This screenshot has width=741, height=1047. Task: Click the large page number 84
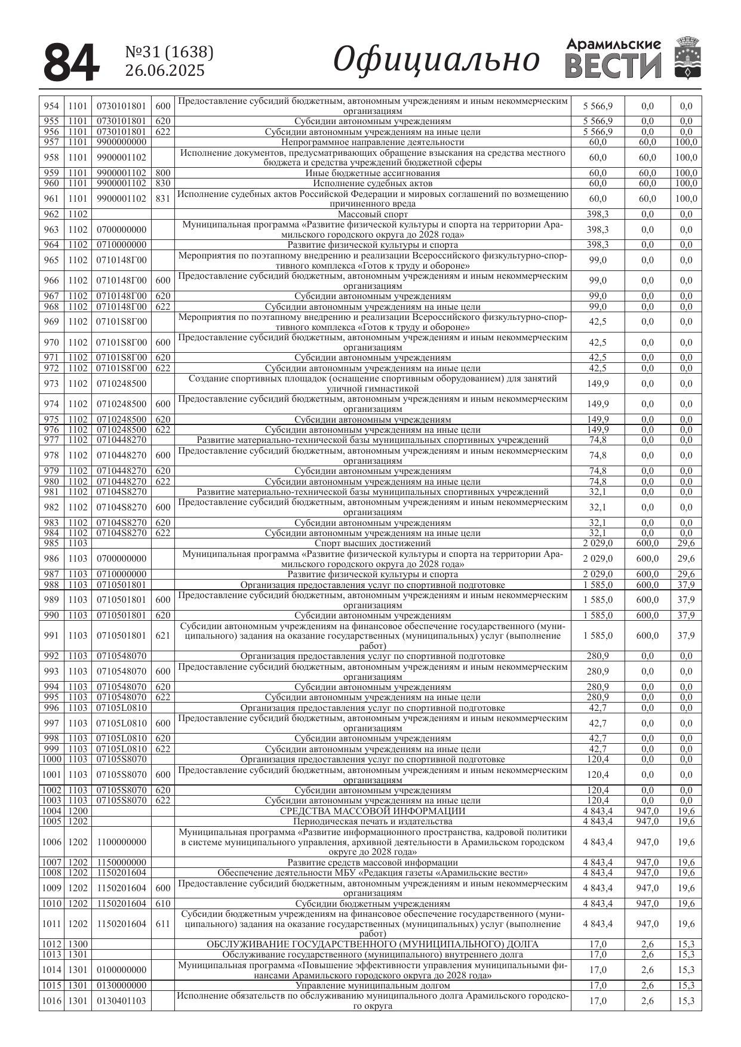point(70,63)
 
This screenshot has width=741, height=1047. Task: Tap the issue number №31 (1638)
point(170,53)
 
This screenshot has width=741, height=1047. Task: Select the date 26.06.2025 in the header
point(165,70)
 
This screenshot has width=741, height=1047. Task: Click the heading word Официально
point(436,60)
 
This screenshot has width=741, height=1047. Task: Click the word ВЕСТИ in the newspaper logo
point(613,66)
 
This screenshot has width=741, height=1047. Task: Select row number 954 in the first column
point(52,106)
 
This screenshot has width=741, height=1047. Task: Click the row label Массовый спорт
point(373,214)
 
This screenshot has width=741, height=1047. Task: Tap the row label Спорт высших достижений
point(373,543)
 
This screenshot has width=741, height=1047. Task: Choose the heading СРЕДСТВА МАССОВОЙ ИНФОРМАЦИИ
point(373,811)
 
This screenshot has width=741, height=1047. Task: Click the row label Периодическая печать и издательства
point(373,821)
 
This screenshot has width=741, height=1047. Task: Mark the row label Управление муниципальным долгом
point(373,986)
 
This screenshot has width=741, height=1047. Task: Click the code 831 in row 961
point(163,199)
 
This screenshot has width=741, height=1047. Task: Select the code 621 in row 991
point(163,636)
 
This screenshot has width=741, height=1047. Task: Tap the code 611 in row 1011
point(163,924)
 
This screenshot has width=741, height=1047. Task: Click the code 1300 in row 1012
point(78,944)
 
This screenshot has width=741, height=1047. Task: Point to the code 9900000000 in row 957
point(121,142)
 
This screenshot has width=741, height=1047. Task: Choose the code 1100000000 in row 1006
point(121,842)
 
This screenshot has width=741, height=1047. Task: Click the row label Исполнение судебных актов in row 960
point(373,183)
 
